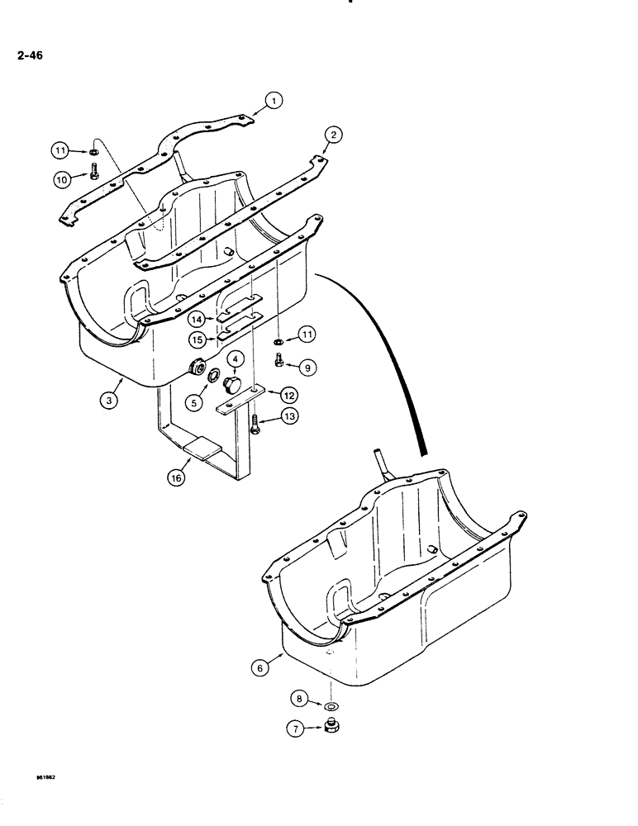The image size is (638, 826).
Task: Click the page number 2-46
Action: point(30,56)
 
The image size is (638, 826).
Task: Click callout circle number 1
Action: point(274,102)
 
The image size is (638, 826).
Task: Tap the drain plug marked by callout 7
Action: point(334,729)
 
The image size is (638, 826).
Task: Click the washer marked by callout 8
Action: point(332,707)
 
